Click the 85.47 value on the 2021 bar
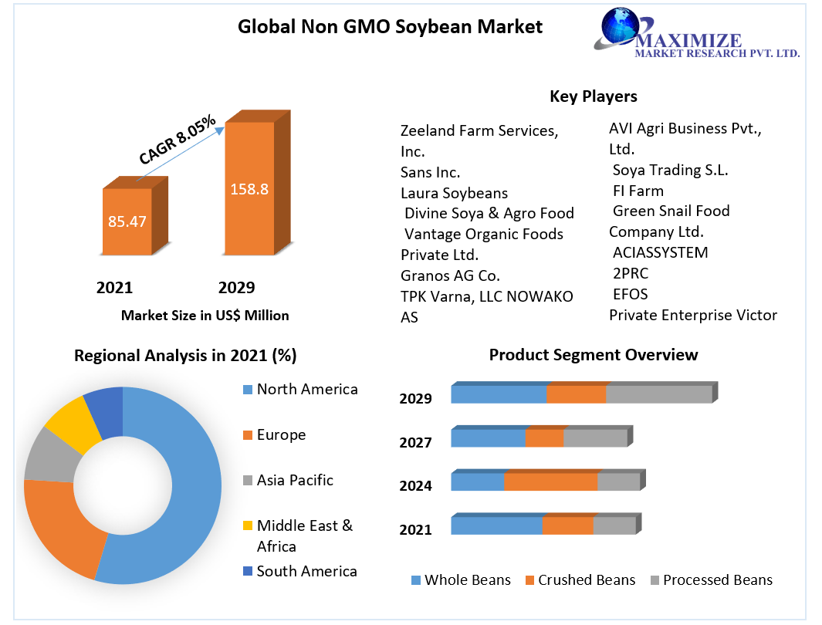tap(127, 221)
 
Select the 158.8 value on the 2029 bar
tap(249, 188)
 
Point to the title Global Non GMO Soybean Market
tap(390, 27)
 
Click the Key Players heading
tap(593, 96)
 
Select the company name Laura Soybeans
tap(454, 193)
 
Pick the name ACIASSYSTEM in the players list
tap(660, 252)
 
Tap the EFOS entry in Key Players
tap(630, 294)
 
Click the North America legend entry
tap(306, 389)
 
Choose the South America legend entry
tap(306, 571)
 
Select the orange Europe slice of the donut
tap(62, 525)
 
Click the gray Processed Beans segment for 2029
tap(658, 394)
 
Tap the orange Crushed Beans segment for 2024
tap(550, 481)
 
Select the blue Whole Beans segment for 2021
tap(496, 525)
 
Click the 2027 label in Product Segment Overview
tap(415, 442)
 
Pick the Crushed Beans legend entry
tap(586, 580)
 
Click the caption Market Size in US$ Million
tap(205, 315)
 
